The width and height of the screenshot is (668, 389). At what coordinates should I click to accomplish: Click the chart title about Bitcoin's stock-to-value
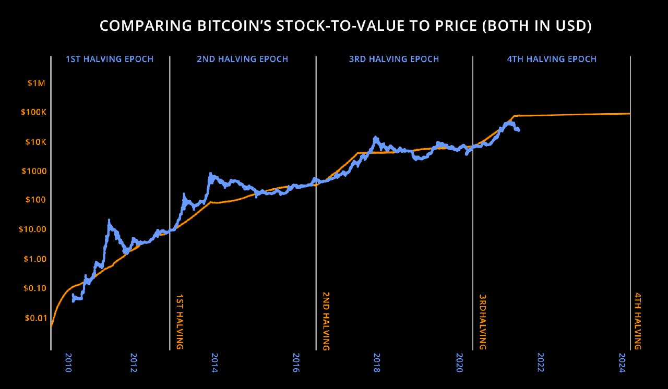[x=345, y=27]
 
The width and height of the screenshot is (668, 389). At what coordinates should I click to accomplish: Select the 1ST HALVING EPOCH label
[x=110, y=59]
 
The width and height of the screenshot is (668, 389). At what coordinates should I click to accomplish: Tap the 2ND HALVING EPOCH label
[x=242, y=59]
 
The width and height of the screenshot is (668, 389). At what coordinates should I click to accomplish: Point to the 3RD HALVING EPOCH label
[x=394, y=59]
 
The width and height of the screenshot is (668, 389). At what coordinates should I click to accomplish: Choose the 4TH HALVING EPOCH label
[x=552, y=59]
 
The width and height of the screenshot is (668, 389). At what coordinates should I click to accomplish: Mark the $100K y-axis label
[x=33, y=113]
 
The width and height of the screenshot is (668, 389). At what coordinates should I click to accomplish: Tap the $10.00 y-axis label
[x=32, y=229]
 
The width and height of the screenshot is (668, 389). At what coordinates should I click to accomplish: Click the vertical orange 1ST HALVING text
[x=179, y=321]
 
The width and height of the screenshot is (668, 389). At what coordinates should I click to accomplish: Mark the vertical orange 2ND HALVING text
[x=326, y=321]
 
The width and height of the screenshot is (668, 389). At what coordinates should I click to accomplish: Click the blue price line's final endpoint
[x=518, y=130]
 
